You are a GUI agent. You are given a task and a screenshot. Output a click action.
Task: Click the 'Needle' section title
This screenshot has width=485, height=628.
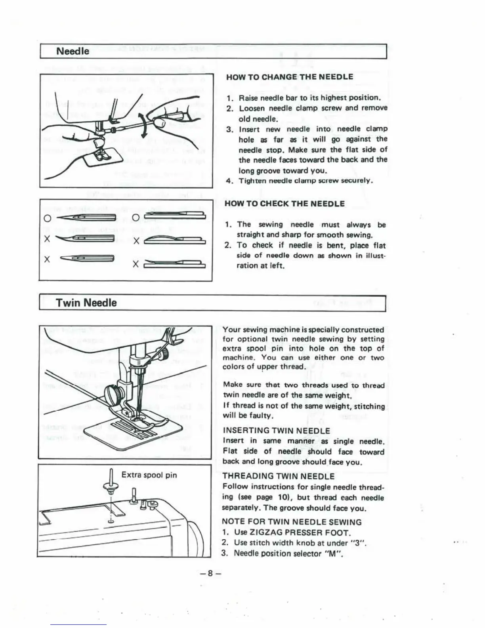click(x=73, y=51)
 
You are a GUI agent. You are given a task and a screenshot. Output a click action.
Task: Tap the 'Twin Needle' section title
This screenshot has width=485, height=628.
click(x=86, y=303)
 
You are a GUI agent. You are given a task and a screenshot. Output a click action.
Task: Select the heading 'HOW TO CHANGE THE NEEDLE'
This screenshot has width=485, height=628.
click(x=289, y=77)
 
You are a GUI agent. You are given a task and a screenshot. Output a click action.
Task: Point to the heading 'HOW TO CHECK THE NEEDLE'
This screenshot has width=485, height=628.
click(x=285, y=204)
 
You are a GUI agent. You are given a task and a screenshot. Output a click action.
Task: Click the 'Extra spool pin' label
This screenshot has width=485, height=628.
click(x=149, y=475)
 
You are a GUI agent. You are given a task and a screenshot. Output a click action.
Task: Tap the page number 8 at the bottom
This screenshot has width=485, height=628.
click(x=210, y=573)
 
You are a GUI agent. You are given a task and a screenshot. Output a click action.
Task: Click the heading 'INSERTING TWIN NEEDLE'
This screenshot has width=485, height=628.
click(x=276, y=431)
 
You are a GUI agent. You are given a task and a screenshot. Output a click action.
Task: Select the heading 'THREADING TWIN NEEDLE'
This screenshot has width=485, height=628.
click(x=279, y=476)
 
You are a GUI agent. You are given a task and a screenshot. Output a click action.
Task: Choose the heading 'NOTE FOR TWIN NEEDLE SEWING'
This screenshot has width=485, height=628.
click(x=292, y=522)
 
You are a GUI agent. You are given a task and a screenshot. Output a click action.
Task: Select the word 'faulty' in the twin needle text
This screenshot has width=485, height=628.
click(x=258, y=416)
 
